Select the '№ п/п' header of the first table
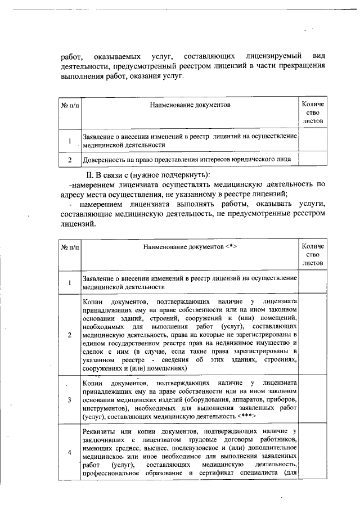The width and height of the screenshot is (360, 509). pyautogui.click(x=70, y=105)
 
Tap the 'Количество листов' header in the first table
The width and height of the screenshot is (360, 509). pyautogui.click(x=313, y=112)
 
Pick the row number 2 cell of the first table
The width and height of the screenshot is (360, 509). pyautogui.click(x=70, y=160)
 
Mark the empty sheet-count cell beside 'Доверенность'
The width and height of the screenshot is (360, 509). pyautogui.click(x=313, y=160)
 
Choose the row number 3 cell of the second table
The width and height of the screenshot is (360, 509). pyautogui.click(x=70, y=400)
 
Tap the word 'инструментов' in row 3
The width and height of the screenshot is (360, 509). pyautogui.click(x=103, y=408)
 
